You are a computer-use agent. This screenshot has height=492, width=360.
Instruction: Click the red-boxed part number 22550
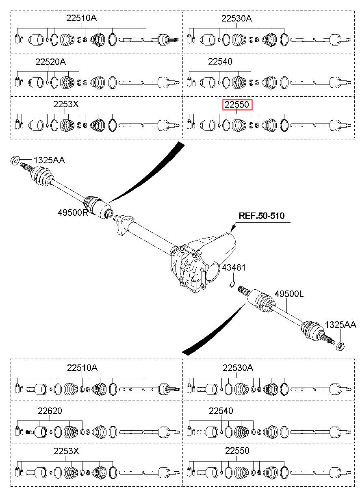[236, 104]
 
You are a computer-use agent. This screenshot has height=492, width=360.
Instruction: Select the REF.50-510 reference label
[261, 215]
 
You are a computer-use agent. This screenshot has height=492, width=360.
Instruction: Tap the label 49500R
[73, 212]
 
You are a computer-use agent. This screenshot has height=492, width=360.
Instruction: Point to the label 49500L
[289, 294]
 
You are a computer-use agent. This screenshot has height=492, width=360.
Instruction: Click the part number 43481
[234, 267]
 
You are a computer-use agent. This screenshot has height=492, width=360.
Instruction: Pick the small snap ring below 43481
[232, 284]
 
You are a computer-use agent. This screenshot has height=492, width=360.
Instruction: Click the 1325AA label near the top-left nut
[49, 160]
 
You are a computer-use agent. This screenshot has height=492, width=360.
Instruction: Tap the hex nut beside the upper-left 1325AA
[15, 161]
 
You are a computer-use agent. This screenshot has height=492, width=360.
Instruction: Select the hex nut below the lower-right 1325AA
[340, 347]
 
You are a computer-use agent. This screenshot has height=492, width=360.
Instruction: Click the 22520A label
[50, 62]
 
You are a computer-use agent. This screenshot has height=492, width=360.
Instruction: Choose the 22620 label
[50, 411]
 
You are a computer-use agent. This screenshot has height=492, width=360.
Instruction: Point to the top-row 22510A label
[82, 18]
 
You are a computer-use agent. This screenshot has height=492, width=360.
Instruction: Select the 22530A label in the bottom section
[238, 368]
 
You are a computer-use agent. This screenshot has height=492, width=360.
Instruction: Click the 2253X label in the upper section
[66, 104]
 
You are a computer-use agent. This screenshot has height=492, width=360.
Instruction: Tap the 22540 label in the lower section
[221, 411]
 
